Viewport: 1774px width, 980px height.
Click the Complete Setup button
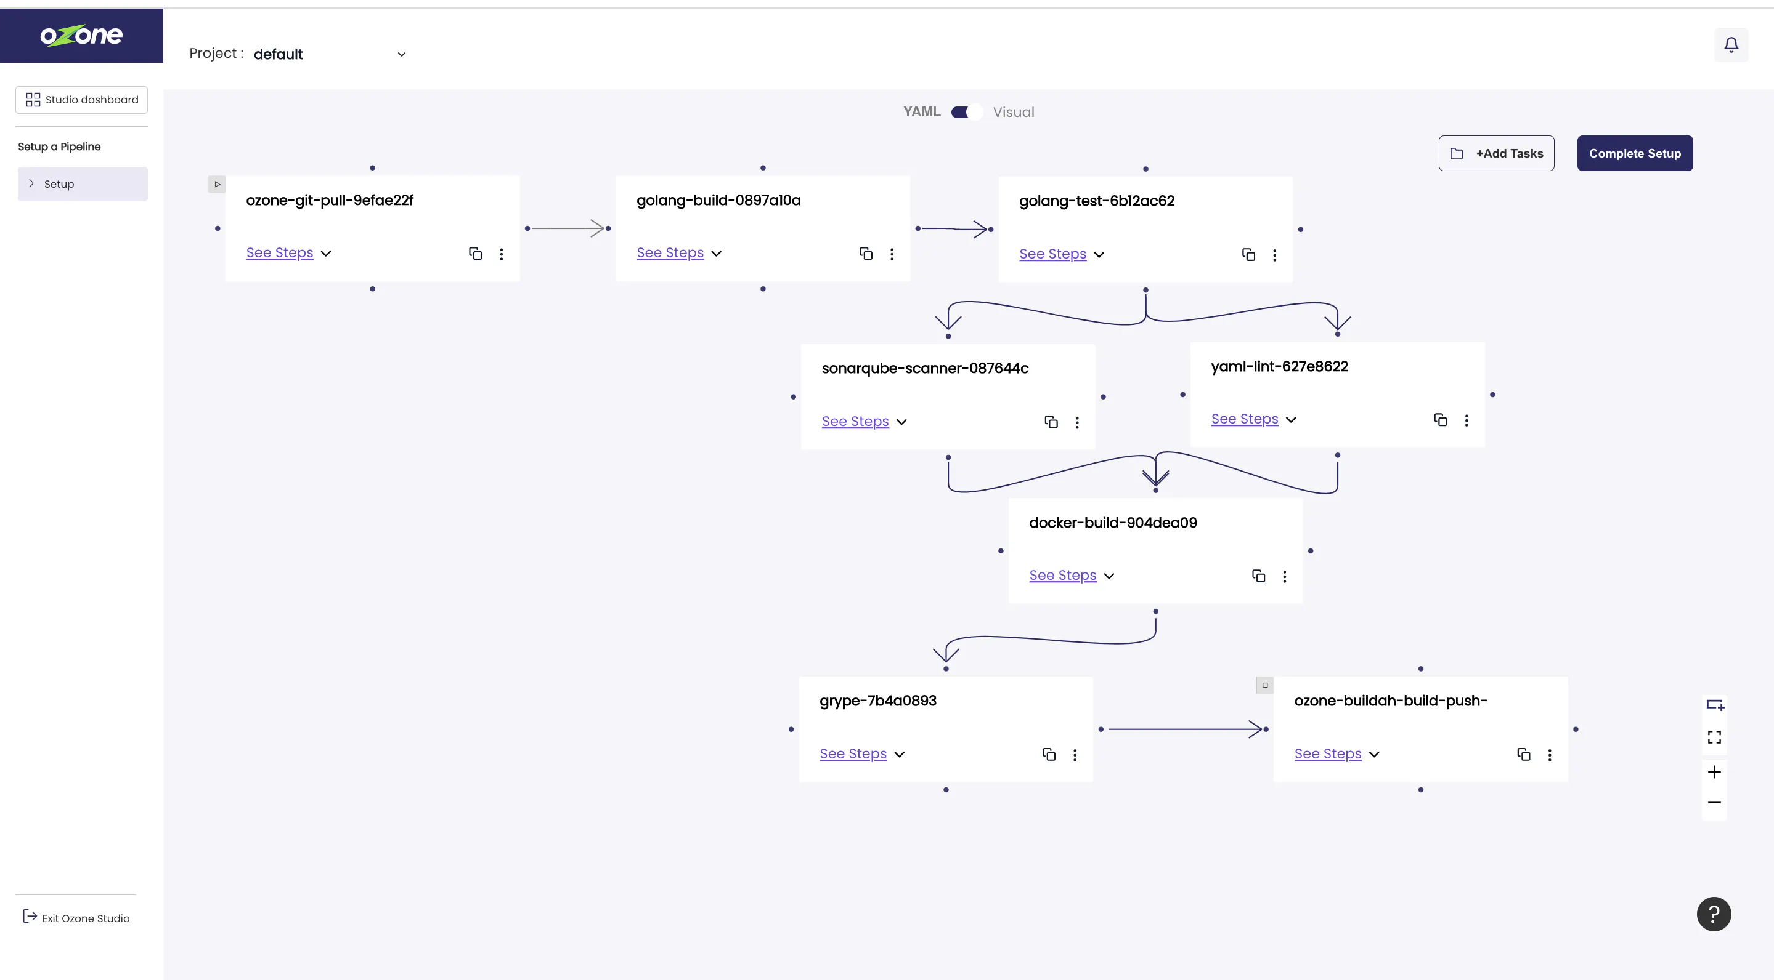(x=1634, y=153)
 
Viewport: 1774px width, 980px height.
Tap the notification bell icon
(x=1731, y=45)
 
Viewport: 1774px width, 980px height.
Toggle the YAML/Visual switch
(x=966, y=112)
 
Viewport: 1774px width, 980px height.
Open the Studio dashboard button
(x=81, y=100)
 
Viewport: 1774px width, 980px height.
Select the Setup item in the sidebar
(x=83, y=183)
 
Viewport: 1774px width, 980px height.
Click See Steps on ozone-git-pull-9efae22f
(x=280, y=253)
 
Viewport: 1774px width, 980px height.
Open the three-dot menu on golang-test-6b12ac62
(x=1275, y=255)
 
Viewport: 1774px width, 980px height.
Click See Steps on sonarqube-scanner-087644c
(x=855, y=422)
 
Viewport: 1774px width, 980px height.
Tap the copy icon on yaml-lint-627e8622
(x=1440, y=420)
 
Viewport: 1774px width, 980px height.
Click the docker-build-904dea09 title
(x=1113, y=523)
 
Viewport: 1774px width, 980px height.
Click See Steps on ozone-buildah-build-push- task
(x=1328, y=754)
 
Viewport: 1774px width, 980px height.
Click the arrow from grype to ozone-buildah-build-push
(x=1184, y=729)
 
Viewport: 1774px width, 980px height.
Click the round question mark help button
(x=1714, y=914)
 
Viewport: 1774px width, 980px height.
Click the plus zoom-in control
(x=1714, y=772)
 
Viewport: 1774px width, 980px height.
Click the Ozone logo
(x=81, y=35)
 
